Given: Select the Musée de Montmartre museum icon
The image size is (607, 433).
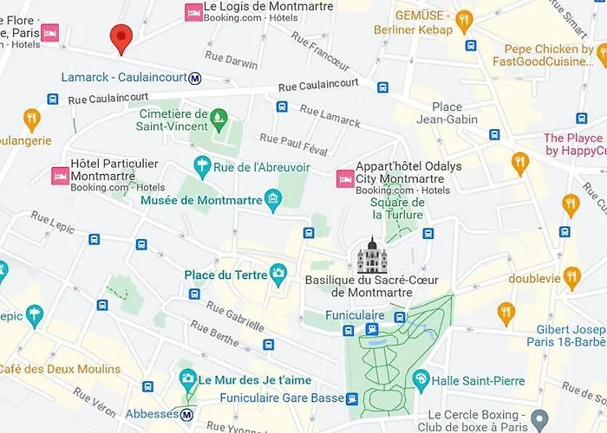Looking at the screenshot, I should (x=274, y=201).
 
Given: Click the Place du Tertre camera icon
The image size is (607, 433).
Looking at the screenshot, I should (x=278, y=275).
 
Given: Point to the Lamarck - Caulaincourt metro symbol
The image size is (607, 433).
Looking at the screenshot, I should (x=196, y=78).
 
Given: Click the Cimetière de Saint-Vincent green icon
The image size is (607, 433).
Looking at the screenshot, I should (x=219, y=115).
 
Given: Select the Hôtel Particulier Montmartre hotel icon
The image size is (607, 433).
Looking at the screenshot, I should (x=61, y=176).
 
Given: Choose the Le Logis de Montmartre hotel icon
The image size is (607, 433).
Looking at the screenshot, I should (x=193, y=12).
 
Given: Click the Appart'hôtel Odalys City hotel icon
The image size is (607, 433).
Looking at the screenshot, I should (x=343, y=178).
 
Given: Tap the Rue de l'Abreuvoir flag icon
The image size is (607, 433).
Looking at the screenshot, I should (x=202, y=164).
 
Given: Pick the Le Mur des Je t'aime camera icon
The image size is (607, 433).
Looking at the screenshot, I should (x=187, y=379).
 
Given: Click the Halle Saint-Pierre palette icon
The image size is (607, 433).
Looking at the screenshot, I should (x=421, y=379).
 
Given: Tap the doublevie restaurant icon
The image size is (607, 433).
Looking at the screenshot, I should (x=571, y=277).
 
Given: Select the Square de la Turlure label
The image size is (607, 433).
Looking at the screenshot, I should (x=398, y=208).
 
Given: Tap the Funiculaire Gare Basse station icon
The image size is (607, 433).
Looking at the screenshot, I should (x=352, y=398).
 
